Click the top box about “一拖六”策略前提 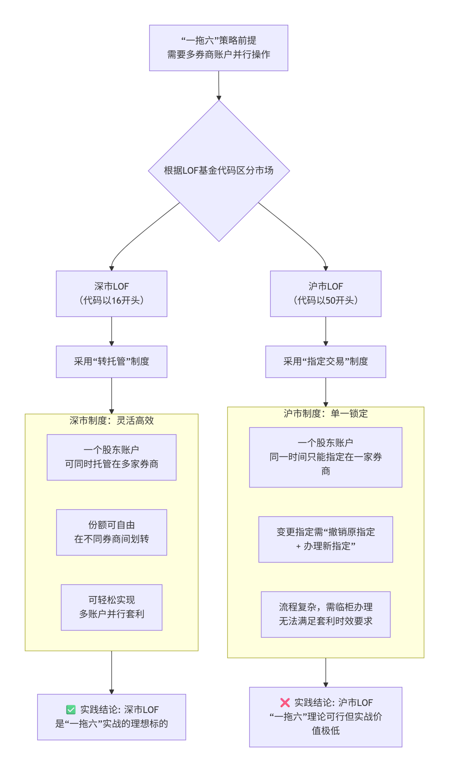click(x=218, y=48)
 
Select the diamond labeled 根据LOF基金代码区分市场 click(x=218, y=170)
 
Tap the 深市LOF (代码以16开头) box click(x=112, y=293)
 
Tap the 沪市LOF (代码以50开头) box click(x=326, y=293)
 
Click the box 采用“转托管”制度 click(x=112, y=362)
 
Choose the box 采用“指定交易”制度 click(x=326, y=362)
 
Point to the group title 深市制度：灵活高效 click(x=112, y=421)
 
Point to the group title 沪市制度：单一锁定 click(x=326, y=413)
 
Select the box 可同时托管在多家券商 click(x=112, y=457)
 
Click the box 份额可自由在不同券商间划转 click(x=112, y=532)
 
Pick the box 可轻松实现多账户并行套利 click(x=112, y=607)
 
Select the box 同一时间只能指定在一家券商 click(x=326, y=457)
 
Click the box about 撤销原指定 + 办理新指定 click(x=326, y=539)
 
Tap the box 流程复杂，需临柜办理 click(x=326, y=614)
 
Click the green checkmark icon click(x=71, y=710)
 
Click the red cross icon click(x=285, y=702)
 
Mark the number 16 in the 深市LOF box click(x=116, y=301)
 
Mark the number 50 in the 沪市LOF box click(x=330, y=301)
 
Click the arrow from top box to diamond click(x=218, y=86)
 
